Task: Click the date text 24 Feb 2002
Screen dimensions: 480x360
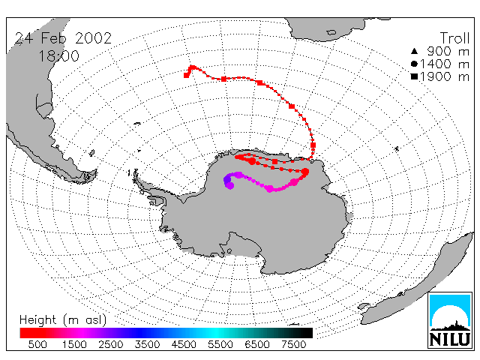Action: pyautogui.click(x=63, y=38)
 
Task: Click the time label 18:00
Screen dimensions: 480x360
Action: pyautogui.click(x=59, y=56)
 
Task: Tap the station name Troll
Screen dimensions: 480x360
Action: pyautogui.click(x=454, y=38)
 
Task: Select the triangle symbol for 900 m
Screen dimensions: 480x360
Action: pyautogui.click(x=414, y=51)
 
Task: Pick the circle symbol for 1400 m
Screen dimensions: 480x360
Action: pyautogui.click(x=414, y=64)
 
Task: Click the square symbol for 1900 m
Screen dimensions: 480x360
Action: pyautogui.click(x=414, y=76)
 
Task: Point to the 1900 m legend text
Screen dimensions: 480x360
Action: pyautogui.click(x=445, y=76)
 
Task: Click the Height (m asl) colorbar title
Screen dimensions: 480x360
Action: pyautogui.click(x=63, y=320)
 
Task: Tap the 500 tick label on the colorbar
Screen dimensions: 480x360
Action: pyautogui.click(x=37, y=345)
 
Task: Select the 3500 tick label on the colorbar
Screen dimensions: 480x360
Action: pyautogui.click(x=147, y=345)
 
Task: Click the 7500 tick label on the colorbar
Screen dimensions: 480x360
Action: pyautogui.click(x=293, y=345)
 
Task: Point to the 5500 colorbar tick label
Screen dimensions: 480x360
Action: pyautogui.click(x=220, y=345)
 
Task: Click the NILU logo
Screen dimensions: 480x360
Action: pyautogui.click(x=450, y=320)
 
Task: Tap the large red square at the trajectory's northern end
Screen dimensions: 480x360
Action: pyautogui.click(x=186, y=75)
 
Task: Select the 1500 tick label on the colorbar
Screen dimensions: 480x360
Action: pyautogui.click(x=74, y=345)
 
